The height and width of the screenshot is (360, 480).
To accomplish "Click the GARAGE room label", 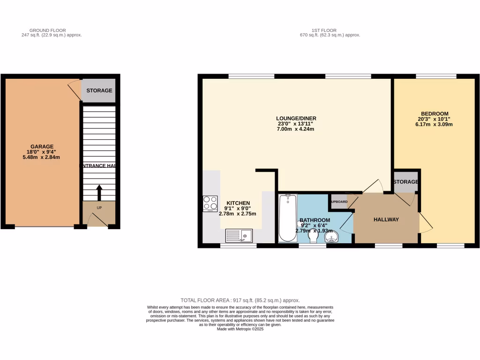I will (42, 146).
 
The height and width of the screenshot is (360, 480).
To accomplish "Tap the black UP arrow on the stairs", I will (99, 193).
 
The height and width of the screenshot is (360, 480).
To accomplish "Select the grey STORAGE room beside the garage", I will (99, 90).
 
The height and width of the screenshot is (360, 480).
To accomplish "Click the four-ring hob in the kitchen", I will (210, 203).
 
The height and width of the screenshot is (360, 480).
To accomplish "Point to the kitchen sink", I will (239, 235).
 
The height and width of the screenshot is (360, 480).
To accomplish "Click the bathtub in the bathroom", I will (287, 218).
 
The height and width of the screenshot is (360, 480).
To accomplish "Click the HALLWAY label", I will (386, 219).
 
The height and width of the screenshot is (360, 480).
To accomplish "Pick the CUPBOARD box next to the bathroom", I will (338, 202).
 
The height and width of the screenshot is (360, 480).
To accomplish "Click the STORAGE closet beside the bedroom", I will (405, 182).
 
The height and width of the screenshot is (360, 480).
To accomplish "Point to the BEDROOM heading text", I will (435, 114).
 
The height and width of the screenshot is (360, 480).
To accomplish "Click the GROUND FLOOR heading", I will (52, 30).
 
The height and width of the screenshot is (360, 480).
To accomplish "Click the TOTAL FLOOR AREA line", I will (240, 300).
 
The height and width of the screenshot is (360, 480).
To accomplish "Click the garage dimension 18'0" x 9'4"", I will (42, 151).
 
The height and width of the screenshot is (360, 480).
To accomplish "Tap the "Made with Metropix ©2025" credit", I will (240, 329).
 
